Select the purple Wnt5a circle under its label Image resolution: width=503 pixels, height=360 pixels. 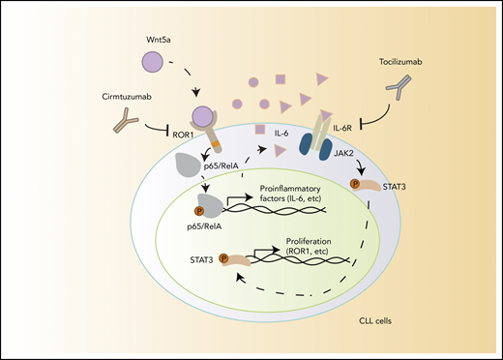pos(154,64)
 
